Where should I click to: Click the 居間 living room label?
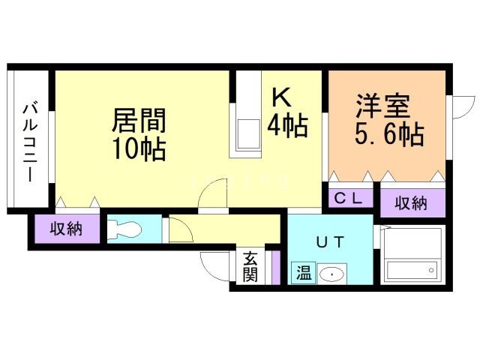(x=139, y=121)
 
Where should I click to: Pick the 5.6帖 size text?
(x=388, y=136)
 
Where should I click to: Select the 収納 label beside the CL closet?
(x=412, y=202)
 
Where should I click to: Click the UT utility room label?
(x=330, y=241)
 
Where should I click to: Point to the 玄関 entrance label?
(x=250, y=266)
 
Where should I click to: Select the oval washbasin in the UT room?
(x=330, y=274)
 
